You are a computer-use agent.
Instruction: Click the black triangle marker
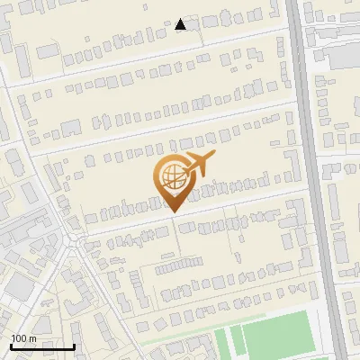point(181,24)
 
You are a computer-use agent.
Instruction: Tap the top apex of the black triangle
point(181,19)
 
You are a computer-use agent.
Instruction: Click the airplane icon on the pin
point(198,165)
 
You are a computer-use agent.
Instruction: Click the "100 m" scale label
point(22,338)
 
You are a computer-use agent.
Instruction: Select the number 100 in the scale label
point(19,338)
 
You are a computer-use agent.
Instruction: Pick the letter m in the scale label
point(31,338)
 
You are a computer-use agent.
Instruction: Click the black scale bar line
point(41,346)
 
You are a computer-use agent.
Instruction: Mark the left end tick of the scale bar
point(10,345)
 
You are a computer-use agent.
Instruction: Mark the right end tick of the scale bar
point(73,345)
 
